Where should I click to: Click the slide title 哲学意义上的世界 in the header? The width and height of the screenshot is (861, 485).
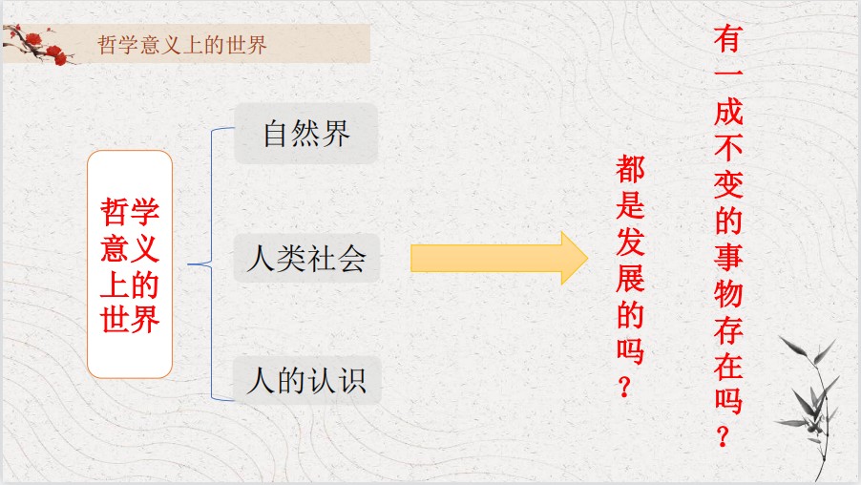point(181,45)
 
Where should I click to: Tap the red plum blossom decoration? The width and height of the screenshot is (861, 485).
point(39,45)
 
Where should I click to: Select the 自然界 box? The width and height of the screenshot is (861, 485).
point(305,134)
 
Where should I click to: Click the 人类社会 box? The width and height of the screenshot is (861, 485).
point(306,258)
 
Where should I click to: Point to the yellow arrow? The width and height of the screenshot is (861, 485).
point(499,258)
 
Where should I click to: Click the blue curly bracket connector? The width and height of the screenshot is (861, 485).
point(211,264)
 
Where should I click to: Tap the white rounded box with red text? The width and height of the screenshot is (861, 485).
point(130,264)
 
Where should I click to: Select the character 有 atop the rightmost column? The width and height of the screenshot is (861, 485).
point(728,39)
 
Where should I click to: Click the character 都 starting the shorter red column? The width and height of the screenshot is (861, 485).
point(630,169)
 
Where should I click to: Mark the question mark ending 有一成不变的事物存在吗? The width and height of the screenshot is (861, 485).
point(724,436)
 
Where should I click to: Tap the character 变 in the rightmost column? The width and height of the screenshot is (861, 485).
point(728,184)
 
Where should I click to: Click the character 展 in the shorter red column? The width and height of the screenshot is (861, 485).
point(630,278)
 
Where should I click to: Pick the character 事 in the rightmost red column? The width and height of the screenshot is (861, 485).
point(728,257)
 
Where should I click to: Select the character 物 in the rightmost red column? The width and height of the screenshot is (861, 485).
point(728,293)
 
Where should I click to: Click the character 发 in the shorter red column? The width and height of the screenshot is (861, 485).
point(630,242)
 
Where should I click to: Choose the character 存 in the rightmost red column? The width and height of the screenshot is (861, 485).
point(728,329)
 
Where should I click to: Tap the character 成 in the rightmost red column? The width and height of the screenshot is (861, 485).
point(728,112)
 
